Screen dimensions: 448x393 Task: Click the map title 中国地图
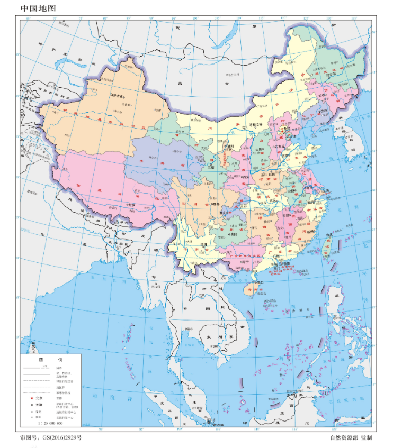37,8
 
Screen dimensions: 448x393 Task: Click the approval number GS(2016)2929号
51,438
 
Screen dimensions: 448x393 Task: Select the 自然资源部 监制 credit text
351,438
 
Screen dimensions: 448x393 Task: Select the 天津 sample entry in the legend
38,404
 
